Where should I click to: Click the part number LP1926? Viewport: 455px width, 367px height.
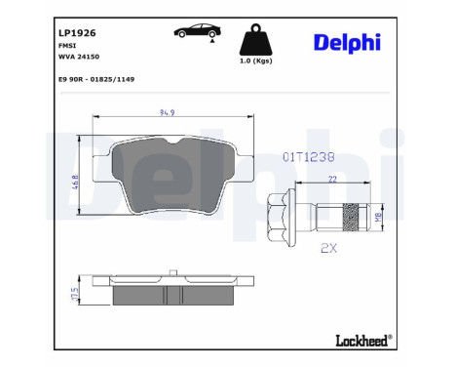pyautogui.click(x=77, y=32)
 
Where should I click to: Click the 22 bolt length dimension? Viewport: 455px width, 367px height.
pyautogui.click(x=332, y=179)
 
